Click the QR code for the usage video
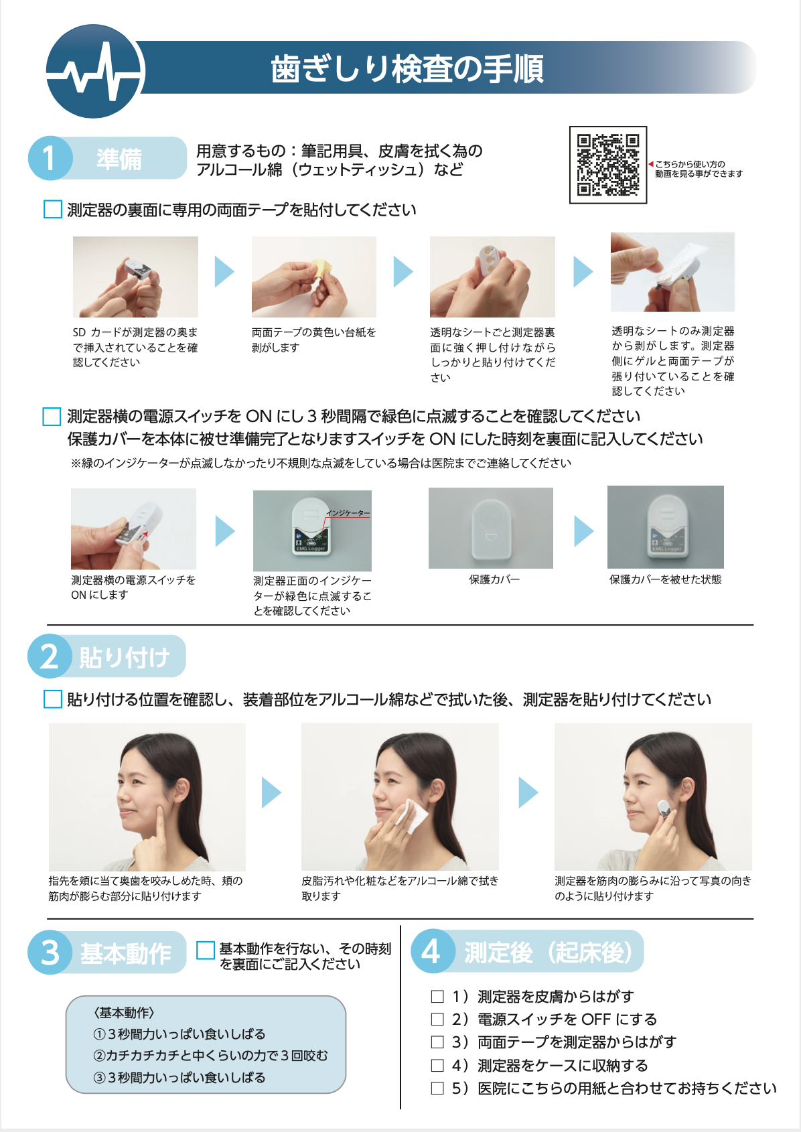[608, 165]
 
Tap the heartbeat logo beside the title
[95, 71]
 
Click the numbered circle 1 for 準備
[50, 158]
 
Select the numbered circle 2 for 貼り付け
[50, 656]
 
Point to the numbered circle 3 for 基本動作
[50, 952]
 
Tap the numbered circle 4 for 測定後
[433, 951]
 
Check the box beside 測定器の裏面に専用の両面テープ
[52, 209]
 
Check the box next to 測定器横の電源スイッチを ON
[52, 417]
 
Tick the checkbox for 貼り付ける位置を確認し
[52, 699]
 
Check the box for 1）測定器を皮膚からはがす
[437, 997]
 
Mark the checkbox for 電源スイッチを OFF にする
[437, 1019]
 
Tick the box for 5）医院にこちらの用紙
[437, 1088]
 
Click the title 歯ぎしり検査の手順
[407, 69]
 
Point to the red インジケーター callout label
[348, 513]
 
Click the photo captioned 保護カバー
[491, 528]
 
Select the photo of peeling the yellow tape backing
[314, 277]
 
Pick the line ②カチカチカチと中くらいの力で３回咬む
[210, 1056]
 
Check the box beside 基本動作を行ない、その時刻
[205, 950]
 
